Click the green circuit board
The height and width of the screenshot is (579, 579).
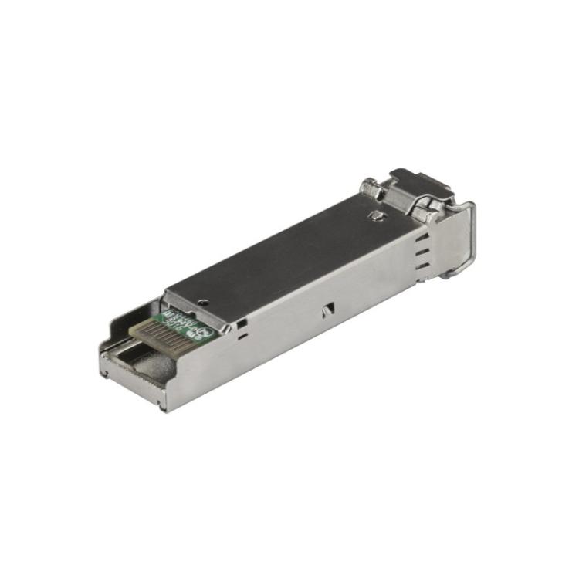coord(179,323)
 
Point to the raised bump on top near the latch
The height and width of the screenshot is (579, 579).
coord(377,215)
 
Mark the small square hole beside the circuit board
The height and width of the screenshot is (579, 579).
coord(242,322)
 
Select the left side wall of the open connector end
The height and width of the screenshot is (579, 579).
coord(116,340)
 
